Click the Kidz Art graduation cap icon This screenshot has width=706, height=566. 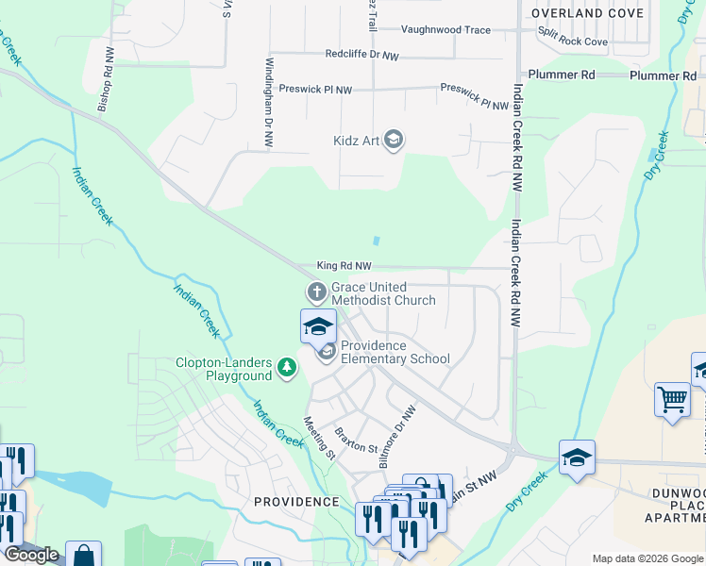[x=394, y=141]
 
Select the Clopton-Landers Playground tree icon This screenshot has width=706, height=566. [x=287, y=369]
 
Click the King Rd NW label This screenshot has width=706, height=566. [x=344, y=267]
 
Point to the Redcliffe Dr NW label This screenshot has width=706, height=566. [x=362, y=56]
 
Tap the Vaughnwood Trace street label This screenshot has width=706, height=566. [x=445, y=30]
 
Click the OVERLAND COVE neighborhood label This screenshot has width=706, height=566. [x=587, y=13]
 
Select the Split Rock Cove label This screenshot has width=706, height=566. [x=572, y=42]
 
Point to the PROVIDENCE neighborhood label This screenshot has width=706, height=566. [x=296, y=502]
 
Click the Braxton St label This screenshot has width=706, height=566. [x=357, y=439]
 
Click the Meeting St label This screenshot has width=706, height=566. [x=319, y=437]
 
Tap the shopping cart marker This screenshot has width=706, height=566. [x=672, y=399]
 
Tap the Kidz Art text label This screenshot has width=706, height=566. [x=356, y=141]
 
